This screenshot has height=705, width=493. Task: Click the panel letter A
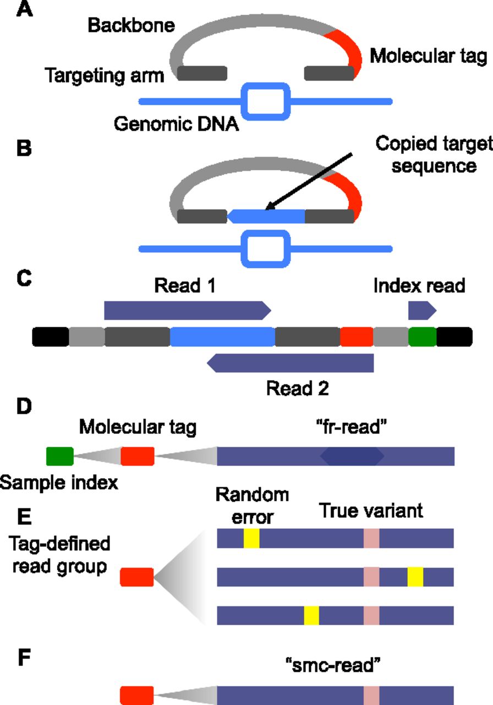click(x=25, y=9)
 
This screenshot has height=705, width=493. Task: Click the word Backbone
click(x=131, y=25)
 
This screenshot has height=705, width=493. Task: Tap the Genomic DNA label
click(x=176, y=124)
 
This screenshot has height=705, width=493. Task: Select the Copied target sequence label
click(x=434, y=155)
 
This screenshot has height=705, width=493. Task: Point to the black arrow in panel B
click(x=309, y=181)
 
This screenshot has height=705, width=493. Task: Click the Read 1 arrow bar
click(x=188, y=310)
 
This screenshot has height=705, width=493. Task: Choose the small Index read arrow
click(x=422, y=310)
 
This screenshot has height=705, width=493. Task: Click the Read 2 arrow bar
click(x=290, y=363)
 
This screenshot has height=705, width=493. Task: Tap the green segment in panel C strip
click(x=422, y=337)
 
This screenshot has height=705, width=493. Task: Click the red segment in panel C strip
click(x=357, y=337)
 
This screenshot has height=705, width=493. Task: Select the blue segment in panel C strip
click(x=223, y=337)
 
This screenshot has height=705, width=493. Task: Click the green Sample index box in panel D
click(x=60, y=456)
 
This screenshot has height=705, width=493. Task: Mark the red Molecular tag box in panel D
click(x=138, y=456)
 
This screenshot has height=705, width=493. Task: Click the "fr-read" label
click(x=351, y=427)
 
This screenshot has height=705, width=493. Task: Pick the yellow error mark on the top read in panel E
click(x=251, y=538)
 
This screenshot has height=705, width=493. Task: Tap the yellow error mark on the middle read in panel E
click(x=415, y=577)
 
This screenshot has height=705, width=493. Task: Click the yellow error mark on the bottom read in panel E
click(x=311, y=615)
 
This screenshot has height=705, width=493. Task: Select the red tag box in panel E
click(x=137, y=577)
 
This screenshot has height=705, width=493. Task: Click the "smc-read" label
click(x=333, y=665)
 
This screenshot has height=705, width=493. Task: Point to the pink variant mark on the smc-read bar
click(x=371, y=696)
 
